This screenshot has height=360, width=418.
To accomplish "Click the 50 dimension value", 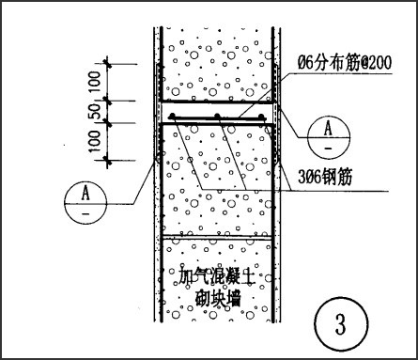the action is [x=95, y=112].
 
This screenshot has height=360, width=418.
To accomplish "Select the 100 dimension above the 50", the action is [x=95, y=82].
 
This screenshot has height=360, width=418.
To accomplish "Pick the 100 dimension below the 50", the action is [x=95, y=141].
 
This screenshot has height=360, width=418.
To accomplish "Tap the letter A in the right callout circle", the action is [x=328, y=128].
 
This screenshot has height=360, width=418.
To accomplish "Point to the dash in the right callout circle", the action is [x=328, y=148].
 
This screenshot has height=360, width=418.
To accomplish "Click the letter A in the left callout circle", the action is [x=85, y=193].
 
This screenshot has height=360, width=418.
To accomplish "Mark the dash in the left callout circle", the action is [x=85, y=214].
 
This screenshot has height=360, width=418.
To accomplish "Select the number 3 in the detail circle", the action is [x=341, y=323].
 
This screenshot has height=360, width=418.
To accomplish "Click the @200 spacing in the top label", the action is [x=376, y=62].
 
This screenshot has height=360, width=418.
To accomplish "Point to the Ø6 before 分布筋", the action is [x=304, y=63].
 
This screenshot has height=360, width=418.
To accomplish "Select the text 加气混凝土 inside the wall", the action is [x=216, y=276].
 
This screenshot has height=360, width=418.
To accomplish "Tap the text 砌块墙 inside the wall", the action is [x=218, y=298].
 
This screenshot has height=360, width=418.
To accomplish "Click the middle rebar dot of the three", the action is [x=217, y=117].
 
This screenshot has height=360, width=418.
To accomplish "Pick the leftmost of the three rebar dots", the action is [x=172, y=117].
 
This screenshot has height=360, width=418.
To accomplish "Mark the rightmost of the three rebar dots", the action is [x=261, y=117].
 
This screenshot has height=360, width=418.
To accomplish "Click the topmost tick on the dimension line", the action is [x=108, y=64].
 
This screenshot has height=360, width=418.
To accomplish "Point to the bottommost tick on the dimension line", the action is [x=108, y=161].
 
